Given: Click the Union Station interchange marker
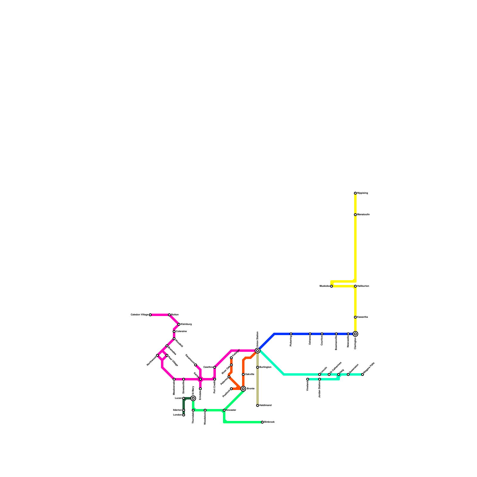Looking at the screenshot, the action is pos(258,351).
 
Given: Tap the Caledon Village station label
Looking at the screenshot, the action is pos(140,315).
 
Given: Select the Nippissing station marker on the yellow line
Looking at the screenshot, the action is pos(355,193).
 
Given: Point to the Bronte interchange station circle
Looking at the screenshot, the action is pos(243,389).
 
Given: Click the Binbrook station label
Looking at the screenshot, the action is pos(269,422).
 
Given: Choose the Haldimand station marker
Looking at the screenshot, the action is pos(258,405).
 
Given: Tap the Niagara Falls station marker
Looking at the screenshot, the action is pos(363,374).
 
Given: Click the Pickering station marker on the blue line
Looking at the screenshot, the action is pos(291,334).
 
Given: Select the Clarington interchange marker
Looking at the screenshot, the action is pos(355,334).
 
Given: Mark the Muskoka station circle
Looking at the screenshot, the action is pos(332,286).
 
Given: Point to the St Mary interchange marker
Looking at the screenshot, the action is pos(193,398).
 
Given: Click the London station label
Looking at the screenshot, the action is pos(177,415).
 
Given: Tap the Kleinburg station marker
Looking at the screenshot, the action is pos(179,324).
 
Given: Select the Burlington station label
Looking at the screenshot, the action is pos(265,367).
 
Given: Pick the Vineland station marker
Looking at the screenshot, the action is pos(308,379).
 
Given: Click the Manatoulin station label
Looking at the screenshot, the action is pos(363,215).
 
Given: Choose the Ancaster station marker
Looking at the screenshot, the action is pos(224,410).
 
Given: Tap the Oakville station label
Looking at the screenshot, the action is pos(250,374).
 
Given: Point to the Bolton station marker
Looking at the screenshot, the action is pos(169,315).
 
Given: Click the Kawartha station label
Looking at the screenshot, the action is pos(363,317).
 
